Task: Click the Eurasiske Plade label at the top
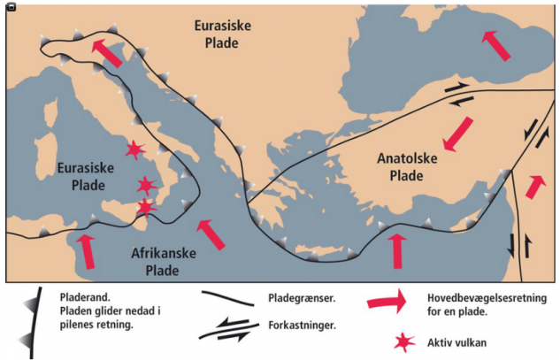pos(222,34)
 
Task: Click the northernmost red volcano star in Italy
pos(134,150)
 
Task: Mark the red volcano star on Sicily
pos(145,207)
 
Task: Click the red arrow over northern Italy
pos(109,52)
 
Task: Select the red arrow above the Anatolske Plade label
pos(457,133)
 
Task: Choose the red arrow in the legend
pos(387,302)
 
